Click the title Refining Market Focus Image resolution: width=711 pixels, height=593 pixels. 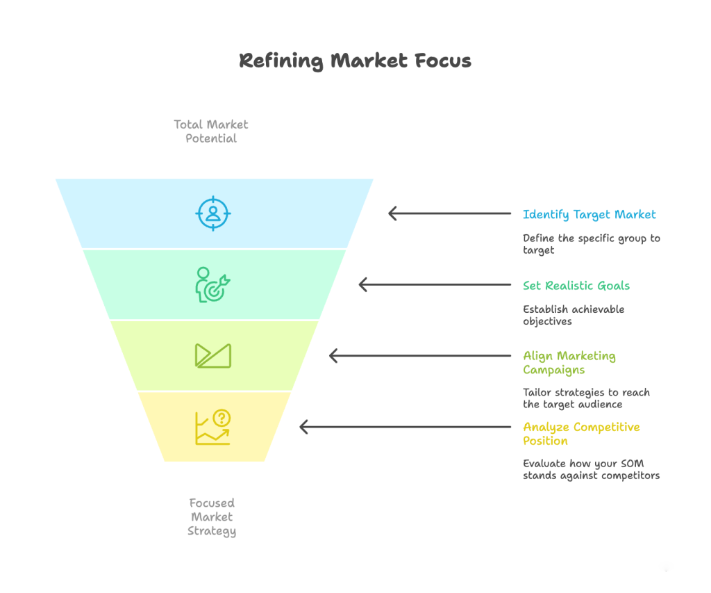pyautogui.click(x=355, y=60)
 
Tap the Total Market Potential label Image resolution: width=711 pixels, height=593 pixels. pyautogui.click(x=211, y=131)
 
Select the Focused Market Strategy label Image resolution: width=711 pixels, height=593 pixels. pyautogui.click(x=212, y=517)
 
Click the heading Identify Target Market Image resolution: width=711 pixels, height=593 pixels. pyautogui.click(x=589, y=214)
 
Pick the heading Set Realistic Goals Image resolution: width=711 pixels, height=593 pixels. pyautogui.click(x=576, y=285)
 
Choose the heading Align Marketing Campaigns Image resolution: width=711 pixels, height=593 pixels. pyautogui.click(x=569, y=362)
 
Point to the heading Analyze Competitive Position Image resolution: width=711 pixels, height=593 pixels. pyautogui.click(x=581, y=434)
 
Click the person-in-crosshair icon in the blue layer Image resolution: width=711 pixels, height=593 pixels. pyautogui.click(x=212, y=213)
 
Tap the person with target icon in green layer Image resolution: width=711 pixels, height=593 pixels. pyautogui.click(x=212, y=284)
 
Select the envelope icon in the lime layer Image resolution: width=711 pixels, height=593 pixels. pyautogui.click(x=212, y=355)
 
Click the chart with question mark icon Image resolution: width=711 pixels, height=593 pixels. pyautogui.click(x=212, y=427)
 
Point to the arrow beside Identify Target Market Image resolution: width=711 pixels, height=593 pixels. pyautogui.click(x=449, y=213)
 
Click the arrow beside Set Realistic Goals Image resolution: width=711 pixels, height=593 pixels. pyautogui.click(x=435, y=284)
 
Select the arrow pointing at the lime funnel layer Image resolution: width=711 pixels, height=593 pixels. pyautogui.click(x=419, y=355)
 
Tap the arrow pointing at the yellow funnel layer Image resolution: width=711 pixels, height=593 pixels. pyautogui.click(x=405, y=427)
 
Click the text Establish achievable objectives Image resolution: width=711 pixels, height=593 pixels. pyautogui.click(x=574, y=315)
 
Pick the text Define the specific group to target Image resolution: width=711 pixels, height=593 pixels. pyautogui.click(x=591, y=244)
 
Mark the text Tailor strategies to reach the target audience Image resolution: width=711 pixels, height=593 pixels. pyautogui.click(x=586, y=398)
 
